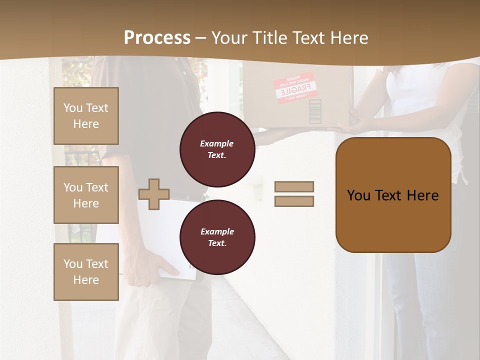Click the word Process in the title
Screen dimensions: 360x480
[157, 37]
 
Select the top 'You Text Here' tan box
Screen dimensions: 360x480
[86, 116]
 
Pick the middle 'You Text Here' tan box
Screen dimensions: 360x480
[86, 195]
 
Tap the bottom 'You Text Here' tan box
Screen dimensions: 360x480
[86, 271]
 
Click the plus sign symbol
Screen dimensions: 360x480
[154, 194]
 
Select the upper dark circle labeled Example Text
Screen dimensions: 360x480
[217, 149]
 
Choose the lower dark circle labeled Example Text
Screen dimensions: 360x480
[217, 237]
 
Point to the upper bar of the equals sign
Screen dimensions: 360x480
[294, 186]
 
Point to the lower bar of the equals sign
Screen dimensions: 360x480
[294, 201]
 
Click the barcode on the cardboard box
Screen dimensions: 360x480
[315, 111]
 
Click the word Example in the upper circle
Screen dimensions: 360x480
[216, 143]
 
